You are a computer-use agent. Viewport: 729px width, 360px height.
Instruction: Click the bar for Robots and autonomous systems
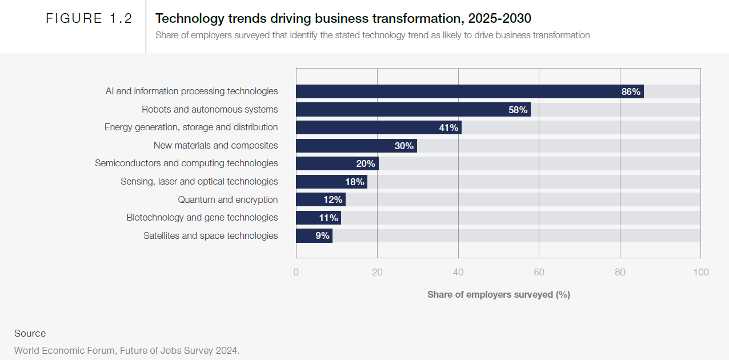412,110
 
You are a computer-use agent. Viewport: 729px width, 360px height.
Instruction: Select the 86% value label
631,91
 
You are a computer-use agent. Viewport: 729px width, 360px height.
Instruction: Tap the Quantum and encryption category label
227,199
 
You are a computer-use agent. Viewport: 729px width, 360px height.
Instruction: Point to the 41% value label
448,128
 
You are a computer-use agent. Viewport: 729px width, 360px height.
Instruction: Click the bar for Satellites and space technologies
314,235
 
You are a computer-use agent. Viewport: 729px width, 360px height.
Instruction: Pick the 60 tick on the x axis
539,272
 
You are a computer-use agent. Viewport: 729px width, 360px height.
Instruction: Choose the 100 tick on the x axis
700,272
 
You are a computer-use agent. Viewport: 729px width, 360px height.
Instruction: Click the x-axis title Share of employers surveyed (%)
498,294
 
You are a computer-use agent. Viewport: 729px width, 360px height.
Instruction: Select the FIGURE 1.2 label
89,18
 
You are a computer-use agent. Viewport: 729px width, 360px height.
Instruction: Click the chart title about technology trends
343,18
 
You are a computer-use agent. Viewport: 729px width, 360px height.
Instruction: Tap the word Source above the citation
30,333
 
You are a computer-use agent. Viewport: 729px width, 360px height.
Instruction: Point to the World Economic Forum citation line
127,350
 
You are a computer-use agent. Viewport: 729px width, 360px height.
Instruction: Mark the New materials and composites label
215,145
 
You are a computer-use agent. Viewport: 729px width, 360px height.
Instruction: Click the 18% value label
354,182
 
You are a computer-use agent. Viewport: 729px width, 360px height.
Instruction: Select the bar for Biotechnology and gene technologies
318,218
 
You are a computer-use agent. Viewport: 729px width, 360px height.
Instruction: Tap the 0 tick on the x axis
296,272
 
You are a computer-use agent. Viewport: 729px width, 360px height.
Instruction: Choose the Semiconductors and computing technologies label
186,163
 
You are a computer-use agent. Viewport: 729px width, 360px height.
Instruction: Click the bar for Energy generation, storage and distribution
378,127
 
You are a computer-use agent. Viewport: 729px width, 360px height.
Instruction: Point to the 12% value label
333,199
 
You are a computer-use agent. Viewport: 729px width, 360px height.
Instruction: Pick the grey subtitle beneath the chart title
372,35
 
